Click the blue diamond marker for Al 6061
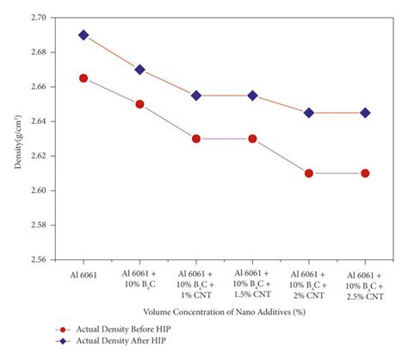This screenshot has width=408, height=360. (x=83, y=35)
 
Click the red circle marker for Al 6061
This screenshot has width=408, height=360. (x=83, y=78)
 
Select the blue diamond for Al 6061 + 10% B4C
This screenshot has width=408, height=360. (x=139, y=70)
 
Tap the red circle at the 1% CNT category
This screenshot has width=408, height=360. (x=196, y=139)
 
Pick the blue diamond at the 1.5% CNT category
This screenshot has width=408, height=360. (x=253, y=96)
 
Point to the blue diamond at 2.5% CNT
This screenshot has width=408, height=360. (x=366, y=113)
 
